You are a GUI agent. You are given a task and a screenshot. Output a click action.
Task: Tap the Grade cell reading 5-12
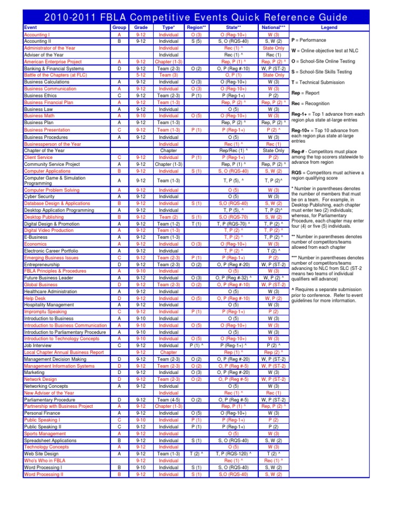[x=141, y=74]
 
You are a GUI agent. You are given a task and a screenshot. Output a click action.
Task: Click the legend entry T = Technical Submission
[x=321, y=82]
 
